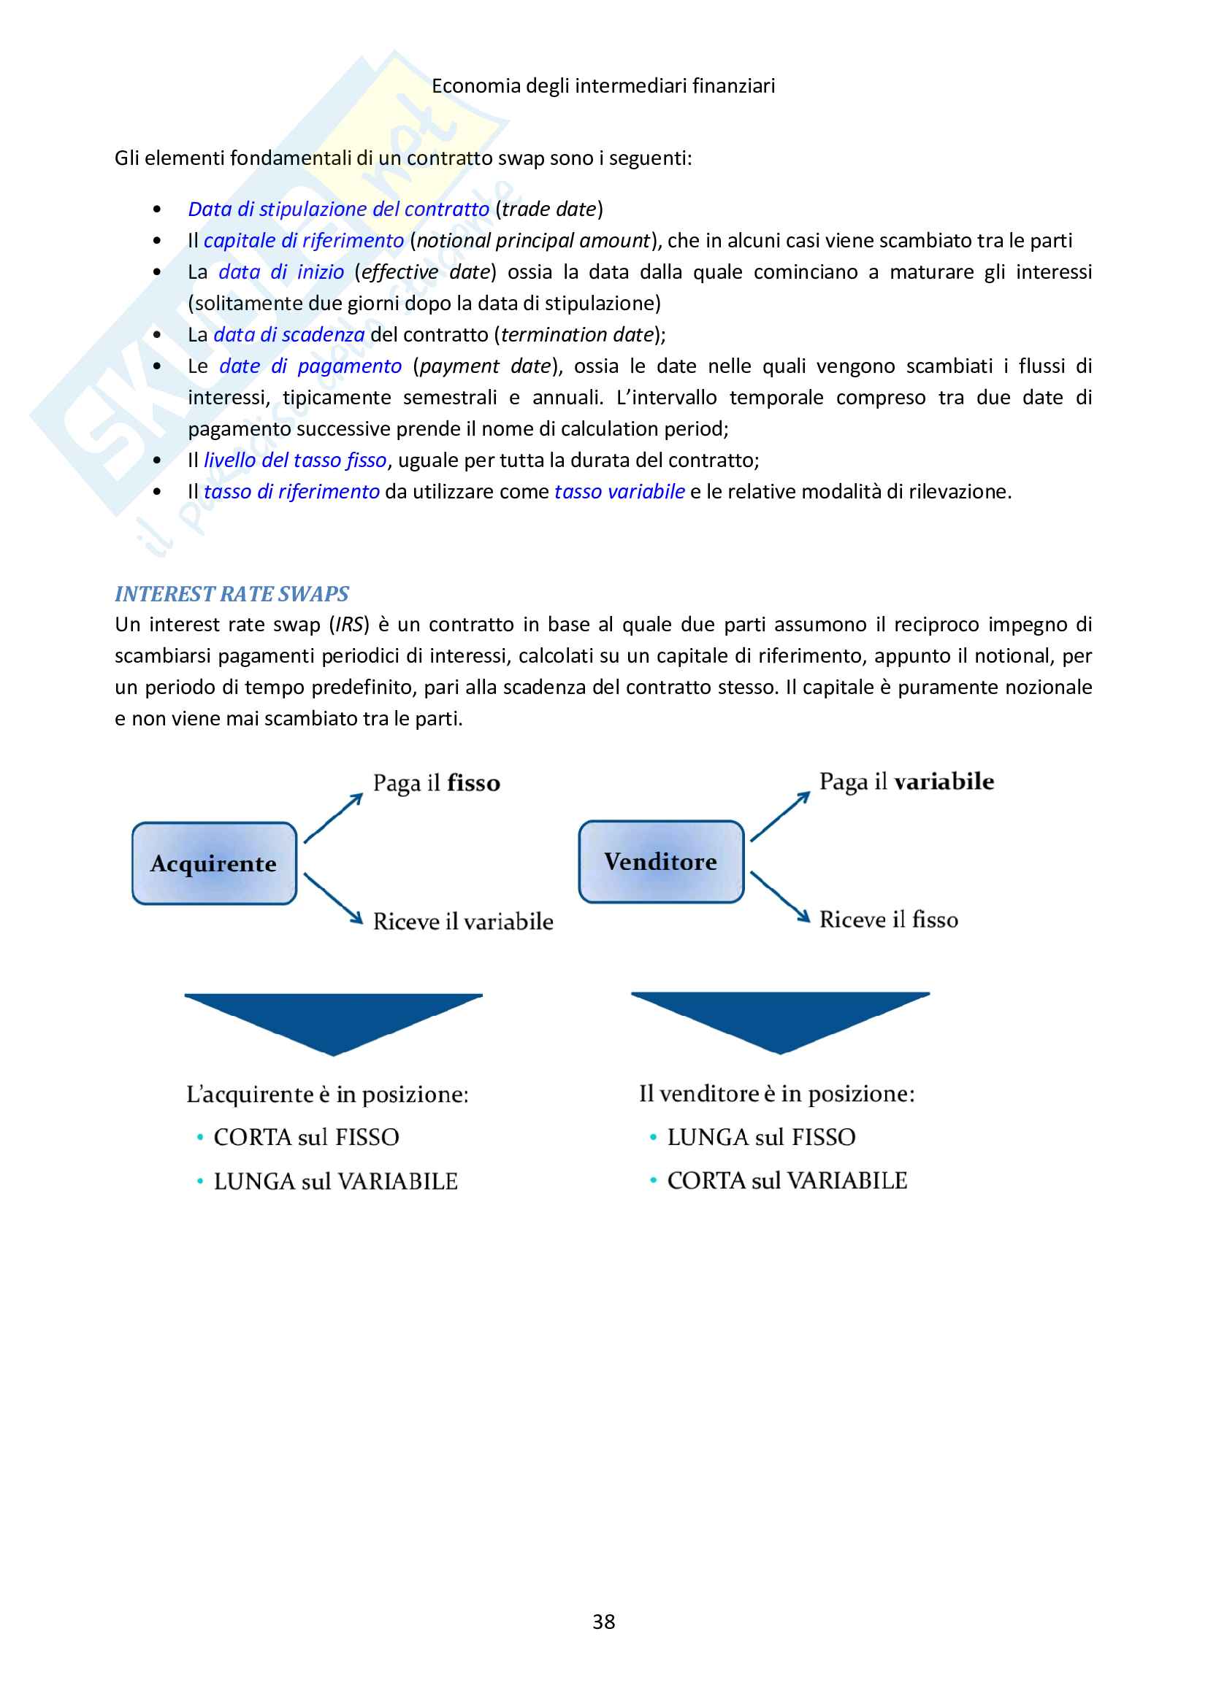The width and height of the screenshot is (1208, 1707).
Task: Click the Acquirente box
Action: pos(214,863)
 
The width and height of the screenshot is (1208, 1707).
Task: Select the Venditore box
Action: pos(660,862)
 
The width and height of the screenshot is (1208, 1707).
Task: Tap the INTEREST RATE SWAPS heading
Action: pos(232,593)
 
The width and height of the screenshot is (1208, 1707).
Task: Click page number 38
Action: pos(603,1622)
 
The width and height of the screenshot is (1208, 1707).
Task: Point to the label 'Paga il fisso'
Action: pos(436,783)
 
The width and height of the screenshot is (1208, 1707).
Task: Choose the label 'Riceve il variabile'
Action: pos(462,921)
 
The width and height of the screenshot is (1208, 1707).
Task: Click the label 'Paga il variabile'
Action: pos(906,782)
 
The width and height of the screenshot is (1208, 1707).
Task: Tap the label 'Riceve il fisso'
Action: pos(888,920)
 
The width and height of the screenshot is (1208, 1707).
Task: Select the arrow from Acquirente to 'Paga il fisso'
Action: pos(333,818)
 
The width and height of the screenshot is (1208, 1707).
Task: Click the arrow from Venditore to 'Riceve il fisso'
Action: pos(779,897)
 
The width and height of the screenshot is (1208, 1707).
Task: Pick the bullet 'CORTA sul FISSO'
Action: pos(306,1137)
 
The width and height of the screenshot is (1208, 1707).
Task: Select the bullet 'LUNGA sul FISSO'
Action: pos(761,1137)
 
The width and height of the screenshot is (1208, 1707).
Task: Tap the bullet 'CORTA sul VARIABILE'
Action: pos(787,1180)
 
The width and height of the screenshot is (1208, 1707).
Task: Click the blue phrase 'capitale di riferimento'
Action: pos(304,240)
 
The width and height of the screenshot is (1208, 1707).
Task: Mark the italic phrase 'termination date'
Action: pos(576,334)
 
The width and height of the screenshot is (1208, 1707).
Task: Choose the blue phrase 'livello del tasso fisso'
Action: pos(295,461)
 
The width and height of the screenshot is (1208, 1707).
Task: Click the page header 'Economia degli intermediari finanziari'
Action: pos(603,85)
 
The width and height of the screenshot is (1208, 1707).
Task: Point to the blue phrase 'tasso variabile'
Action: pos(619,491)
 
